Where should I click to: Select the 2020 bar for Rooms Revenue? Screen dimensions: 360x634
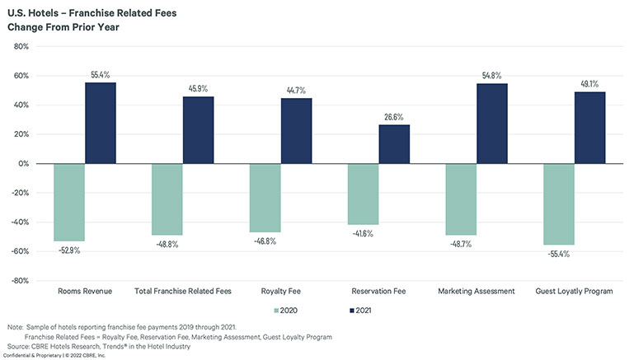tap(69, 202)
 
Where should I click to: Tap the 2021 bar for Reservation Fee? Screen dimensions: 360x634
tap(394, 144)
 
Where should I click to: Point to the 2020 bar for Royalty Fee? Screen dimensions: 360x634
tap(265, 198)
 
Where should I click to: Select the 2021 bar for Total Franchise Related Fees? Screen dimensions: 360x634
tap(199, 130)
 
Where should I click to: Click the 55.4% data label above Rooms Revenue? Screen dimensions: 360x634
tap(101, 74)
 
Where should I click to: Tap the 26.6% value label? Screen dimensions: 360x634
tap(394, 117)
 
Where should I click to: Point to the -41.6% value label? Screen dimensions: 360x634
tap(363, 234)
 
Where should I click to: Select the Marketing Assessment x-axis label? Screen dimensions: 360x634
tap(477, 291)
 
